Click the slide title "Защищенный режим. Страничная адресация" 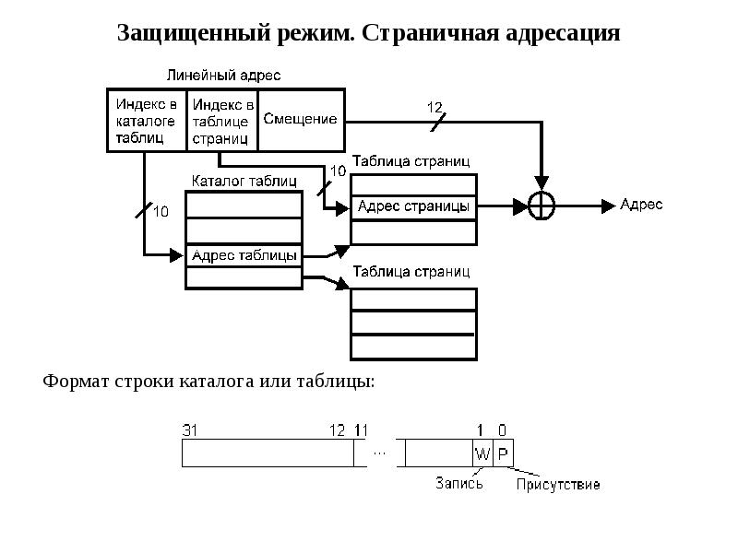[368, 33]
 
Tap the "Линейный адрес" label [223, 75]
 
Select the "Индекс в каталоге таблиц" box [147, 120]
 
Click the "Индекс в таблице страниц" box [222, 120]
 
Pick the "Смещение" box [301, 119]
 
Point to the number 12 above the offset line [434, 106]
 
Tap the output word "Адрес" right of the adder [640, 205]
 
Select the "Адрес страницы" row [414, 206]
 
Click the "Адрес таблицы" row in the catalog [244, 254]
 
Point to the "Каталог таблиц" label [244, 181]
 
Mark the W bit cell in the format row [482, 453]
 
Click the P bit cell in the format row [503, 453]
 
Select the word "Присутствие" [557, 484]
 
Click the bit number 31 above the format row [191, 429]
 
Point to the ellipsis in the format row [380, 453]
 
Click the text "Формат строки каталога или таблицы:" [209, 381]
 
